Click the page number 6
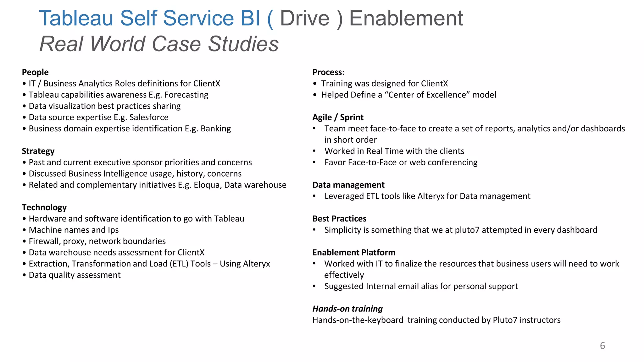point(602,346)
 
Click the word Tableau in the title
point(76,18)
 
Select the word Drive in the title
point(304,18)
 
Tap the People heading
point(35,72)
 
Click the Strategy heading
point(38,151)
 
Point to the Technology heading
point(44,207)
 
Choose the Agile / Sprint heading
point(338,117)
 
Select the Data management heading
point(348,185)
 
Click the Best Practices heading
point(339,219)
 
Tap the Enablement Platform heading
point(354,252)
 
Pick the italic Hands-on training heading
point(347,309)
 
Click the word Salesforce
point(149,117)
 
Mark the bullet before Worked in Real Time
point(314,151)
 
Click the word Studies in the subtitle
point(243,44)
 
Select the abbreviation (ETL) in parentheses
point(179,264)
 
